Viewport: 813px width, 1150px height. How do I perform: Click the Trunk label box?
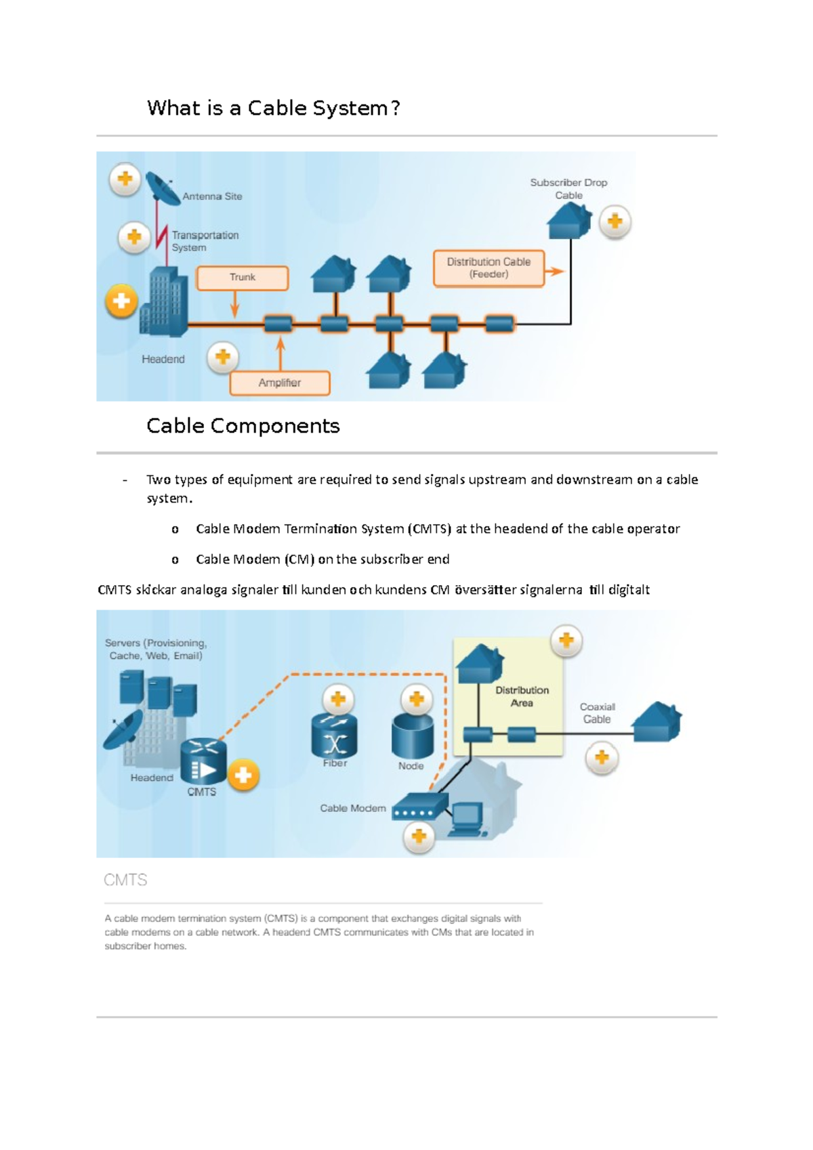[243, 278]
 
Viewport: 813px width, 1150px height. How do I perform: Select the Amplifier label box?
[280, 383]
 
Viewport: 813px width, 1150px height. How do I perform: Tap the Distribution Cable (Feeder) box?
[488, 268]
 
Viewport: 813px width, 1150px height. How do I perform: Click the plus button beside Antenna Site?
[125, 179]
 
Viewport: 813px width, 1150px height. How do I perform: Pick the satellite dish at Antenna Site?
[161, 188]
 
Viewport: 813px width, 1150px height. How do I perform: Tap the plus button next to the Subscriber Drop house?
[614, 222]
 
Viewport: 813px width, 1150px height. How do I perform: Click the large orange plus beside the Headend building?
[121, 301]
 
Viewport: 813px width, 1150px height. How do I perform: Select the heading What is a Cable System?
[274, 108]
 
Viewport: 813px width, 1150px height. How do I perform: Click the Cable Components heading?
[243, 426]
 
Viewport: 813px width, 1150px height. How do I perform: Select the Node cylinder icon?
[413, 737]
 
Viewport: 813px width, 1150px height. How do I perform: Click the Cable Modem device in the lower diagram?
[420, 807]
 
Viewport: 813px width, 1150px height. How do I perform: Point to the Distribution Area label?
[522, 696]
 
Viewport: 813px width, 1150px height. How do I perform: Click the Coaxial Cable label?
[597, 713]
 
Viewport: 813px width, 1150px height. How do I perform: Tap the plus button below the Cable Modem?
[419, 837]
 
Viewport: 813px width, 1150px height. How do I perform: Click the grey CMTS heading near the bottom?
[125, 880]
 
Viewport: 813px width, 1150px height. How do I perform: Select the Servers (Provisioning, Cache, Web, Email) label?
[156, 649]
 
